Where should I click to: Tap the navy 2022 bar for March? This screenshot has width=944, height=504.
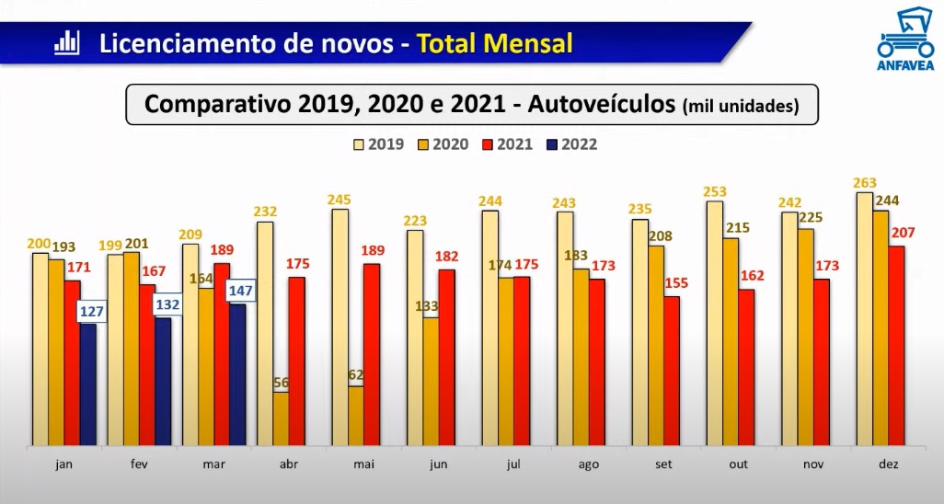point(237,374)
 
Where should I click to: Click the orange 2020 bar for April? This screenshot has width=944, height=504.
point(280,418)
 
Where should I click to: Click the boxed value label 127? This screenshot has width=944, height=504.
point(92,311)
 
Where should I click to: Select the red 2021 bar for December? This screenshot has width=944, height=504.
point(895,345)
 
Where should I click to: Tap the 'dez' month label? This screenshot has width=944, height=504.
point(887,464)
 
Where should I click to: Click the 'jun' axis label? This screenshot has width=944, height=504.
point(438,464)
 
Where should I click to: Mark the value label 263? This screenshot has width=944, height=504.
point(865,182)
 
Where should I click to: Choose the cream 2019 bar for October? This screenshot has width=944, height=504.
point(714,323)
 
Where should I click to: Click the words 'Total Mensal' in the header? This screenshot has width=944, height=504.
point(495,43)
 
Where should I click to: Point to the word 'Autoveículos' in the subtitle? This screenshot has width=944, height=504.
point(600,104)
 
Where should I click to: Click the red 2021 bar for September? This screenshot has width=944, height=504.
point(672,371)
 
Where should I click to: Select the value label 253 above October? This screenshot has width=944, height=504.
point(714,191)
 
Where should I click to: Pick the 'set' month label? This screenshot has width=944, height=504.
point(662,464)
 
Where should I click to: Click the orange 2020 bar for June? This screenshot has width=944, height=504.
point(430,382)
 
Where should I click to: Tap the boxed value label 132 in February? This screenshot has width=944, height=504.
point(167,304)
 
